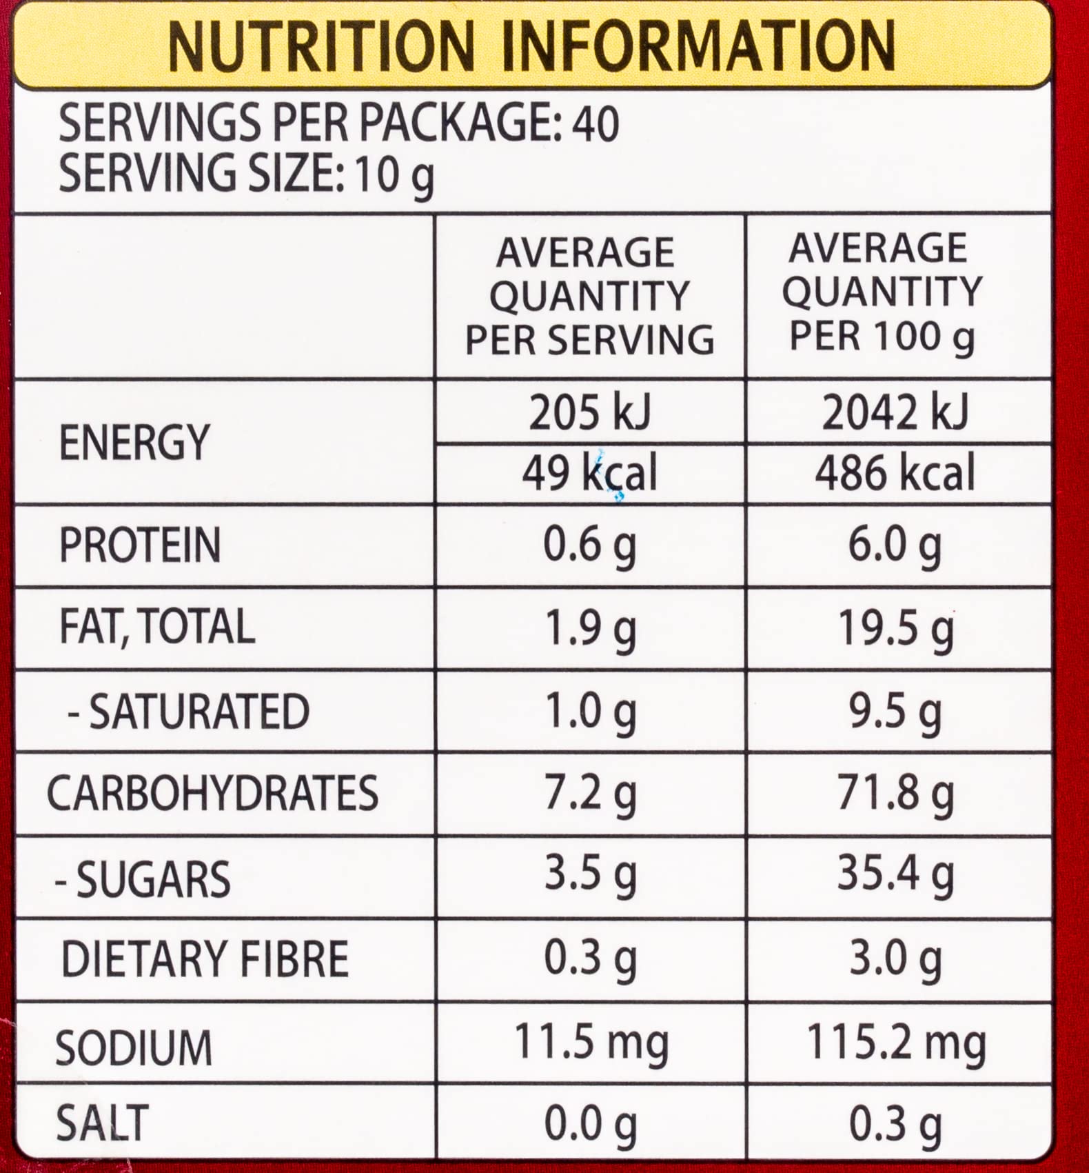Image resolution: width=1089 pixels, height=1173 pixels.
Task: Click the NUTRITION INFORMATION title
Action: click(x=531, y=46)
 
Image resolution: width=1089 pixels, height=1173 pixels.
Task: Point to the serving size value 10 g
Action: click(x=394, y=174)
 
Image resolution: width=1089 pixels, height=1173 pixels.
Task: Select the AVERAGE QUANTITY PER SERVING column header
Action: click(x=589, y=297)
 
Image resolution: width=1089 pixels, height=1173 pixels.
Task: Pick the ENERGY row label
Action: click(x=134, y=442)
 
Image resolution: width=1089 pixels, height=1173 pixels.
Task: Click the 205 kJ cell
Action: click(x=589, y=413)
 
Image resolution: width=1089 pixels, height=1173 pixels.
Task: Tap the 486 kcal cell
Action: click(x=895, y=474)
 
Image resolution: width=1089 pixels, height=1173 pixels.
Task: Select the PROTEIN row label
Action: click(x=140, y=545)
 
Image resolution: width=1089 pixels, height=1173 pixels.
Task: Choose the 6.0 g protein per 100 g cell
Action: click(x=895, y=545)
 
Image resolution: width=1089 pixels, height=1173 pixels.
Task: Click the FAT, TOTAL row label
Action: click(x=157, y=627)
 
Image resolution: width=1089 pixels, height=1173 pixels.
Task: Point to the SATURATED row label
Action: click(x=190, y=711)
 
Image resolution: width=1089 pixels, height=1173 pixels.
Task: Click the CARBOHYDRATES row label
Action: click(x=212, y=793)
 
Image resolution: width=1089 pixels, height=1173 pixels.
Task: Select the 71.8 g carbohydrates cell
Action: click(x=895, y=794)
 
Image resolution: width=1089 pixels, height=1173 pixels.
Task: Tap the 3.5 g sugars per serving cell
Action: click(x=590, y=874)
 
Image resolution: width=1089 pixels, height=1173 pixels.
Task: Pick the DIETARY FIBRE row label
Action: click(x=205, y=959)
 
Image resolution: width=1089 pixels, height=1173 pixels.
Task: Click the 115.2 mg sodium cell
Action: click(x=896, y=1042)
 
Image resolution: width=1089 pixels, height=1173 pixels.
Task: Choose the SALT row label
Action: click(x=102, y=1123)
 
